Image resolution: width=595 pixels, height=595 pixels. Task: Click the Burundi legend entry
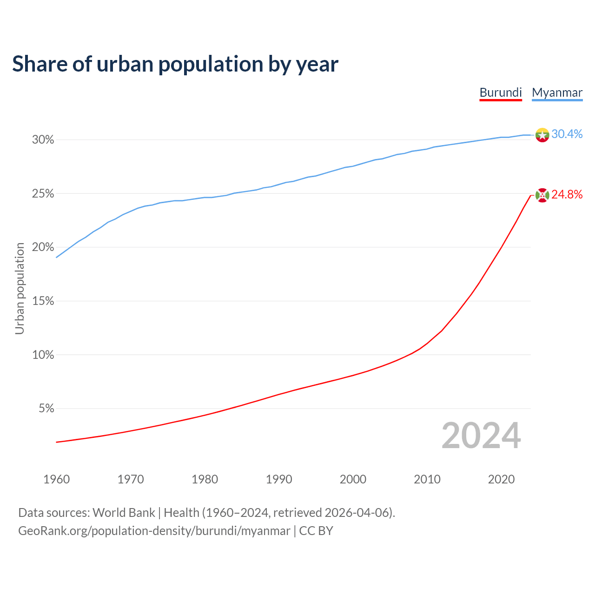501,93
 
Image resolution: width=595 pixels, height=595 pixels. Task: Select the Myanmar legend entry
557,93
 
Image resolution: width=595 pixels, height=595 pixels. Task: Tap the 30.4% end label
567,134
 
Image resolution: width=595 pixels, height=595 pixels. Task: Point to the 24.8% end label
567,194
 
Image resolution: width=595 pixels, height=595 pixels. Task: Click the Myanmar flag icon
542,135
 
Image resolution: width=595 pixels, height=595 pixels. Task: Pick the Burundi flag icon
542,195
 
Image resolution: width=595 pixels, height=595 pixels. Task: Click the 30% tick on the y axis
43,140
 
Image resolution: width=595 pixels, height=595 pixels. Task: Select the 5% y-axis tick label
46,409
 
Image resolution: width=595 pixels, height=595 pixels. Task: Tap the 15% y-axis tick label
43,301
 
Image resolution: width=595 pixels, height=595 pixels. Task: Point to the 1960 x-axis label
56,479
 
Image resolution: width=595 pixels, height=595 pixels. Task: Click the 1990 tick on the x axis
279,479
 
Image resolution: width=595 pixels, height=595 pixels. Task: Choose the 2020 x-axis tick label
501,479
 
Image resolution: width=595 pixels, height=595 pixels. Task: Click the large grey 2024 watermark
481,436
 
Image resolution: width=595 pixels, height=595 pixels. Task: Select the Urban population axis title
20,288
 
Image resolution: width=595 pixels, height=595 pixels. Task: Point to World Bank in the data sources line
124,513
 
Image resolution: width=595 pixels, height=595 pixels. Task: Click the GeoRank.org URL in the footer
154,531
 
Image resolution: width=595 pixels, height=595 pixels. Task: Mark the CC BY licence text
316,531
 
